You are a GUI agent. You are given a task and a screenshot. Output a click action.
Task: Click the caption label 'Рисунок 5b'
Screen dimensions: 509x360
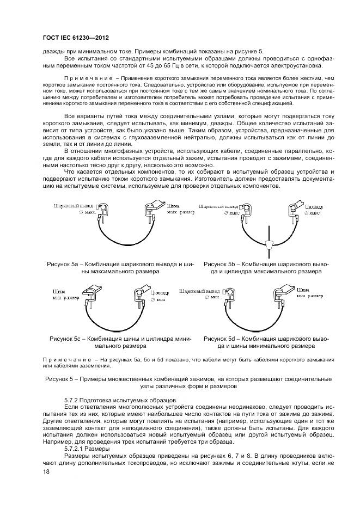pos(221,263)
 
